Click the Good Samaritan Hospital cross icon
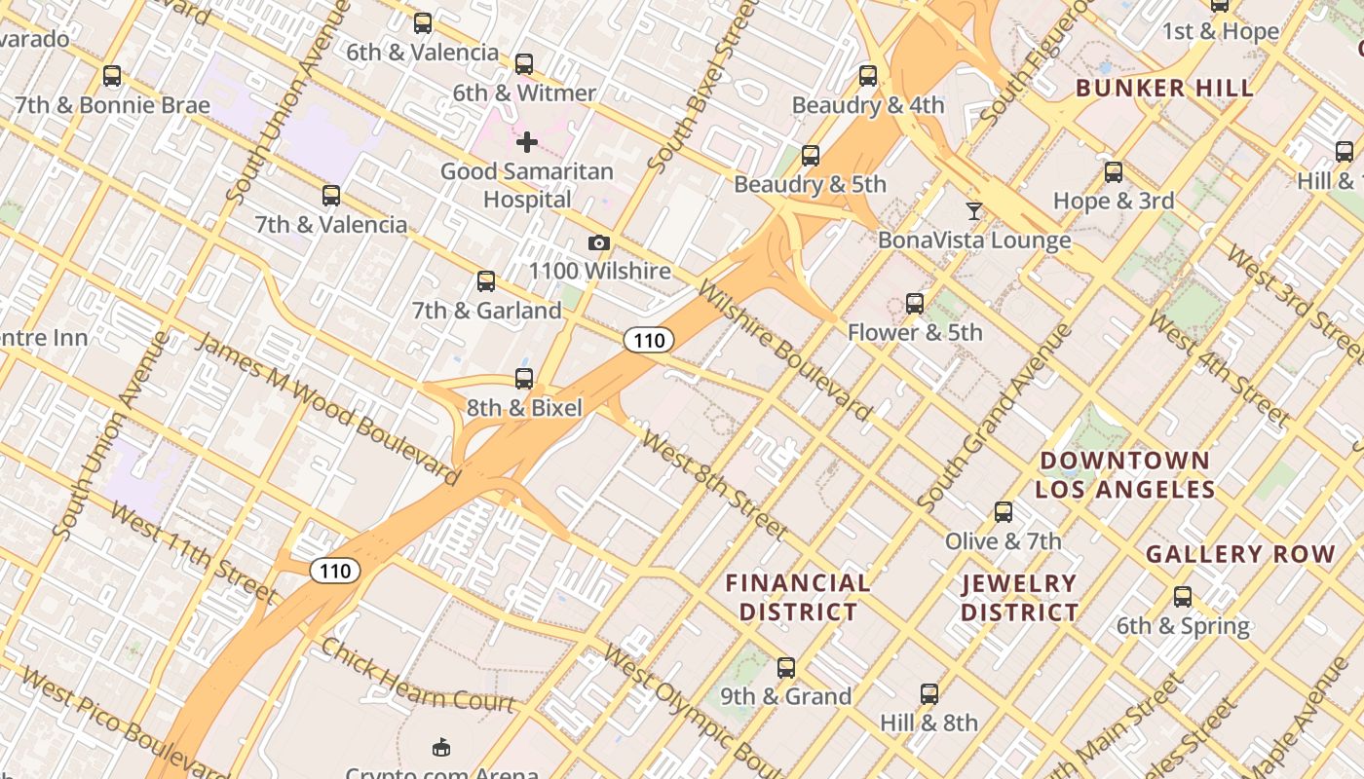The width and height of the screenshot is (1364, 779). point(527,143)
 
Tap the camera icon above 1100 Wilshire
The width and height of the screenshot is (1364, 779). point(599,243)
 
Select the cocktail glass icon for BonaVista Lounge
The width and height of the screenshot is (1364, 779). point(973,211)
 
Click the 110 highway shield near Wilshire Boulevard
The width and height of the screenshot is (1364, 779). point(649,340)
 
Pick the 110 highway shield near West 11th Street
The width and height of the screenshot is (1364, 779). point(335,571)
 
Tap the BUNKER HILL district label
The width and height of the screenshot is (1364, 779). point(1164,89)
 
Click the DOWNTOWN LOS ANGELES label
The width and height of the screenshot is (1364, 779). point(1124,474)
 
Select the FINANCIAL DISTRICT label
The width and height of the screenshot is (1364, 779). point(798,597)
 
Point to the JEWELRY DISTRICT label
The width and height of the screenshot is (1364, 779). point(1019,598)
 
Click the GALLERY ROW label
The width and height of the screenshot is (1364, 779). point(1240,555)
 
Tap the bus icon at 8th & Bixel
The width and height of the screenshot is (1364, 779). point(524,379)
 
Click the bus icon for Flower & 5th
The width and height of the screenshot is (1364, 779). point(915,304)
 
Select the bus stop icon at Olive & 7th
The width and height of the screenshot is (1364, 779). point(1004,512)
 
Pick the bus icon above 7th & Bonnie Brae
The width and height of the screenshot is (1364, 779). point(112,76)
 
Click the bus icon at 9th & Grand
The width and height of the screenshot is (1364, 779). point(786,668)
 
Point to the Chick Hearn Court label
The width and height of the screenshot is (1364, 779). point(417,675)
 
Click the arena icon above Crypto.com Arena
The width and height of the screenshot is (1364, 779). point(441,747)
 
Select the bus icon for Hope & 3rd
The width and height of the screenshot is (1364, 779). point(1114,172)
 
